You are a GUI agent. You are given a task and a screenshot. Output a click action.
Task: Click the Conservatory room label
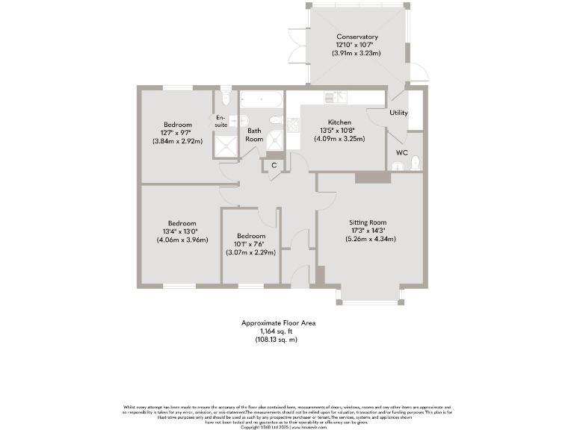point(357,37)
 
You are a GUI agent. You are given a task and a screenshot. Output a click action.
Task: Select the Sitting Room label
point(368,222)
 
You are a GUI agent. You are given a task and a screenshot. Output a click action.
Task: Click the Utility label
point(398,113)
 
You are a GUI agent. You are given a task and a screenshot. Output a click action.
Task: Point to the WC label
point(401,152)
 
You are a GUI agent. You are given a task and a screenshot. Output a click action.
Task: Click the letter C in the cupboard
point(274,165)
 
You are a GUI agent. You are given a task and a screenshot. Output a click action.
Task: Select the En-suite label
point(220,121)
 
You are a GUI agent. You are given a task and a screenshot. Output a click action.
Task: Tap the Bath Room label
point(255,135)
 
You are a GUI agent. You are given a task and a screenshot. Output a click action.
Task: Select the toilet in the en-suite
point(225,99)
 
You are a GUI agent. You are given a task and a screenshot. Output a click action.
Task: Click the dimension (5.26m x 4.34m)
point(370,239)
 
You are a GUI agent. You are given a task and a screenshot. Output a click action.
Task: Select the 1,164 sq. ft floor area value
point(278,331)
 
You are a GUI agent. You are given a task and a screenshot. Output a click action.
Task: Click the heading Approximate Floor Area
point(278,323)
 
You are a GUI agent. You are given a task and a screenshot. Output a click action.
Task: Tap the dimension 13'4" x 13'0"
point(182,231)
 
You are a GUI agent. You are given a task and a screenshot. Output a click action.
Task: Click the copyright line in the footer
point(286,427)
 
